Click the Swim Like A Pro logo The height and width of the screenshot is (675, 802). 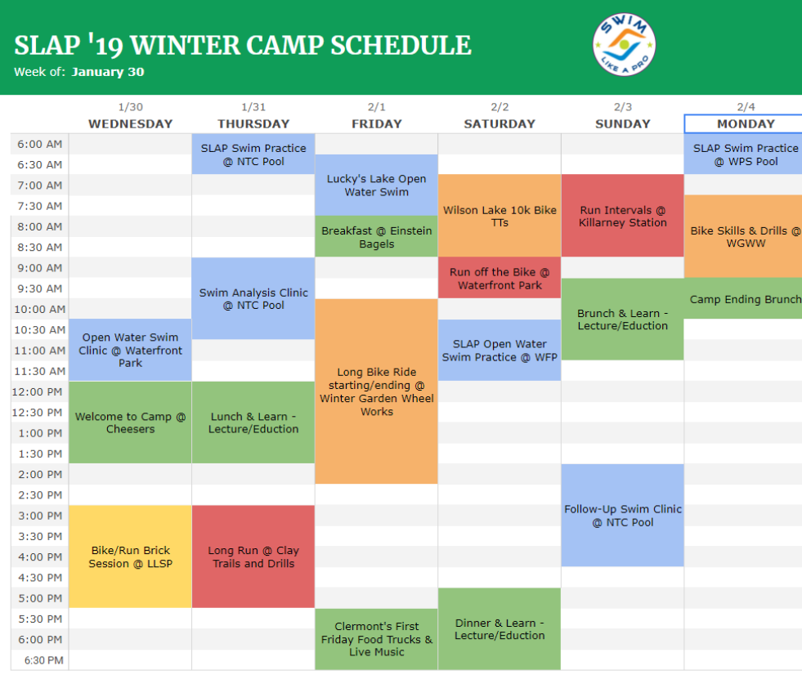tap(624, 44)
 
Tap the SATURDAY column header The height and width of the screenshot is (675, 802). tap(500, 123)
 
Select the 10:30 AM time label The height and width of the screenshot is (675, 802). tap(40, 330)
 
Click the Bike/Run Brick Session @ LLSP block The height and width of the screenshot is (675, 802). tap(131, 557)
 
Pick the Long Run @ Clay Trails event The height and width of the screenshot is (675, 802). tap(253, 557)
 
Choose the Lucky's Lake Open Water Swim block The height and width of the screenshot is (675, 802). tap(376, 186)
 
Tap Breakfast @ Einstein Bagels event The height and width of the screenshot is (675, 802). tap(376, 236)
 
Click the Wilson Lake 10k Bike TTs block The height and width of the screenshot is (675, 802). tap(500, 216)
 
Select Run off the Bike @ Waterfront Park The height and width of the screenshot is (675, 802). tap(500, 278)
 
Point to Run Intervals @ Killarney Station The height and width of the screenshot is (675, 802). tap(622, 216)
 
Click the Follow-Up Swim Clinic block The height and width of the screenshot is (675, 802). tap(622, 515)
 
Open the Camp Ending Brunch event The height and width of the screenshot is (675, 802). tap(743, 298)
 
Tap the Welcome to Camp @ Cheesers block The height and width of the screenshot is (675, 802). tap(131, 422)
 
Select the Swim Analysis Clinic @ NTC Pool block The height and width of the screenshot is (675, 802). tap(253, 298)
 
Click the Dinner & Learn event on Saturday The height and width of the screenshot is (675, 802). tap(500, 629)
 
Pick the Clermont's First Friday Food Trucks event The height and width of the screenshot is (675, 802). tap(376, 639)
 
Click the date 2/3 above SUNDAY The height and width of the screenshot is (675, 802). tap(622, 107)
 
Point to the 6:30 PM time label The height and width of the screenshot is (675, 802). tap(44, 660)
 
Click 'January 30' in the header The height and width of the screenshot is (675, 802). tap(108, 72)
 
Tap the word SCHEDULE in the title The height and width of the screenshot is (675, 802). tap(401, 45)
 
